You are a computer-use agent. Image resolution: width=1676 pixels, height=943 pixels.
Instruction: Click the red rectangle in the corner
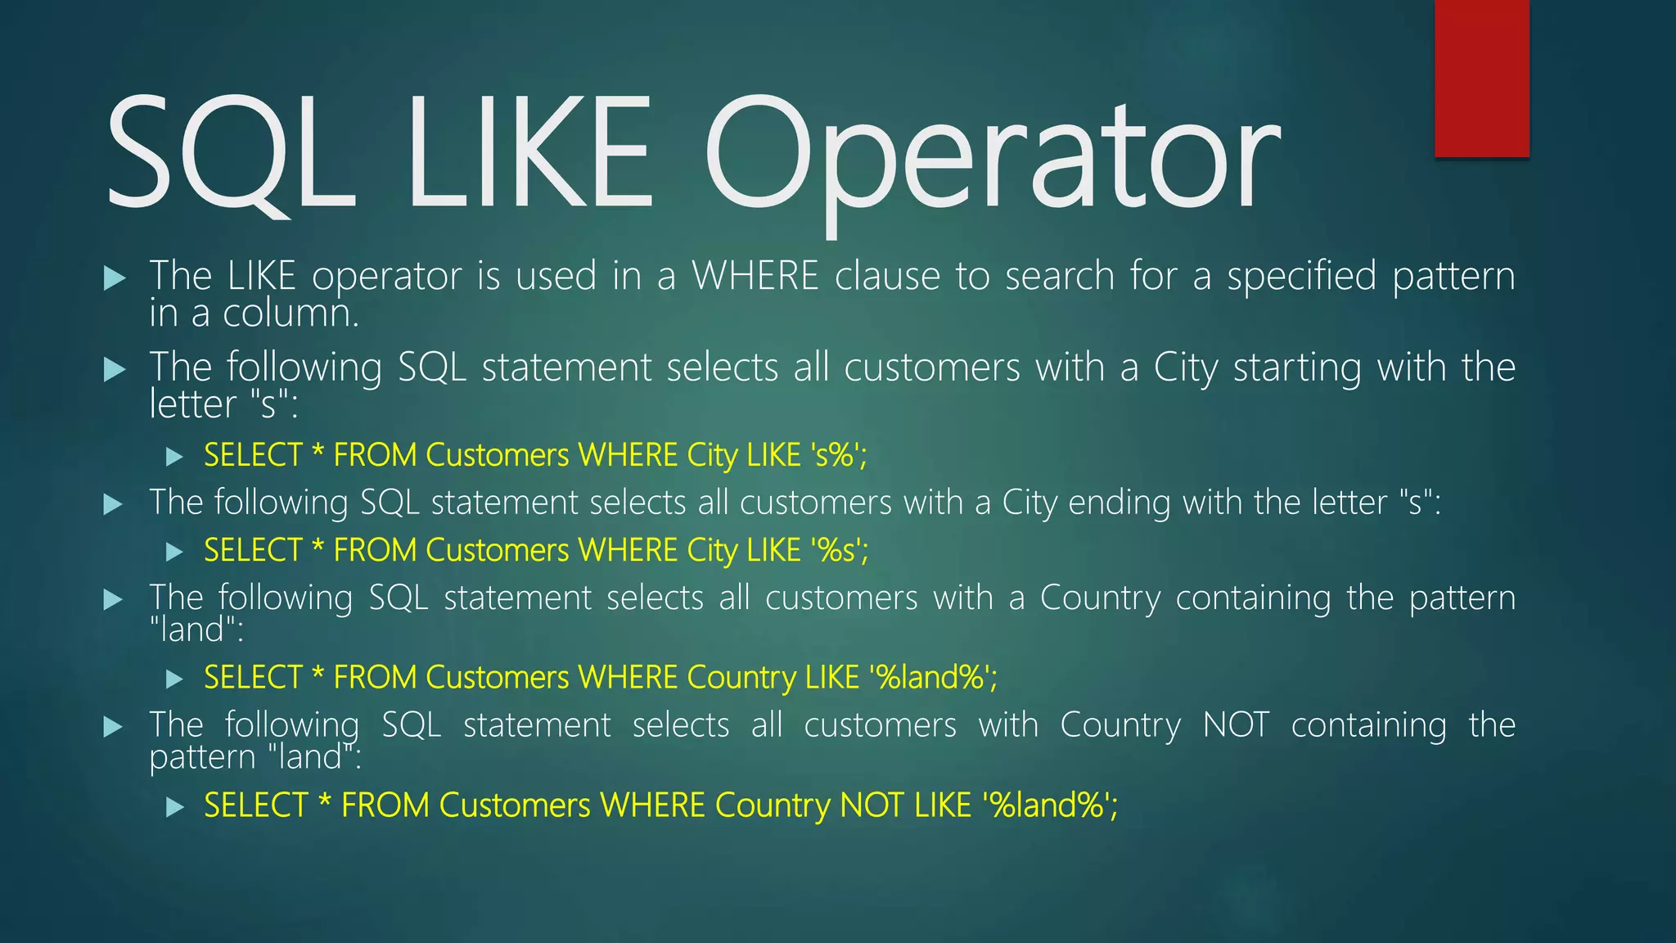[x=1481, y=78]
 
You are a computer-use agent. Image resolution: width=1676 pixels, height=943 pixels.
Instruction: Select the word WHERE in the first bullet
[x=755, y=276]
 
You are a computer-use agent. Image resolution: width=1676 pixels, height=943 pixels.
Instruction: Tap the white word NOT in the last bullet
[x=1236, y=725]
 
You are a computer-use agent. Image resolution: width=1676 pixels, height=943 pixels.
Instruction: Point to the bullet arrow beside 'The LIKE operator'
[x=115, y=278]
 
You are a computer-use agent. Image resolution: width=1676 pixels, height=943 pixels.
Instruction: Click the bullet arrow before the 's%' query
[x=173, y=457]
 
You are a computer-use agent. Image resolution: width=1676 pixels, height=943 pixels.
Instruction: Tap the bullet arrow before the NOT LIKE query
[x=173, y=807]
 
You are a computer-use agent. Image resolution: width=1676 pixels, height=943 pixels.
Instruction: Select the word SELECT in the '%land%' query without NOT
[x=254, y=678]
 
